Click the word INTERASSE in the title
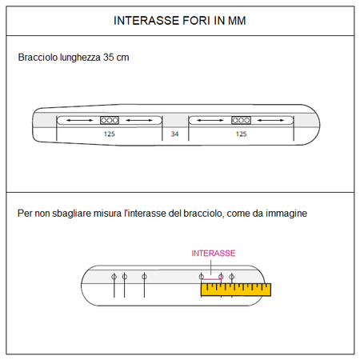click(x=146, y=21)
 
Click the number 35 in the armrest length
click(x=109, y=58)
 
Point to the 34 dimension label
click(x=174, y=134)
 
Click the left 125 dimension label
click(x=110, y=134)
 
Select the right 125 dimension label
click(x=241, y=134)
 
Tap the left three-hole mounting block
click(x=110, y=120)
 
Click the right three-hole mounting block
click(x=241, y=120)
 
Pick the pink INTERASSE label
click(x=214, y=253)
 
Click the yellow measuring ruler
click(x=236, y=290)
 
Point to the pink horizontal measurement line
click(x=211, y=279)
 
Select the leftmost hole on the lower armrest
click(x=114, y=277)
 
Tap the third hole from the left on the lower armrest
click(x=144, y=277)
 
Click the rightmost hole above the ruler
click(x=232, y=277)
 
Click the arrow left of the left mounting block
click(x=79, y=120)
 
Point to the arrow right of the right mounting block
click(x=270, y=120)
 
